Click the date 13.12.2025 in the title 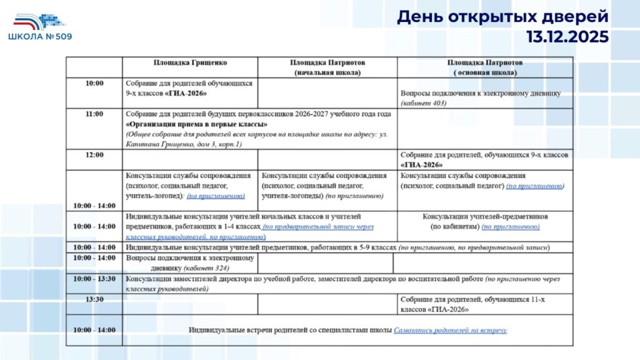[x=567, y=37]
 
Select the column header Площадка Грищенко [x=191, y=63]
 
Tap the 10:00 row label [x=94, y=82]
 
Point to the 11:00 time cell [x=94, y=114]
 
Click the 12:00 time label [x=94, y=154]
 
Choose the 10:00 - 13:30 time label [x=94, y=278]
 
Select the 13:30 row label [x=94, y=299]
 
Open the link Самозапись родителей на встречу [x=450, y=330]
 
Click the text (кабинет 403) [x=424, y=103]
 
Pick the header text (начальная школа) [x=327, y=72]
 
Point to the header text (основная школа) [x=485, y=72]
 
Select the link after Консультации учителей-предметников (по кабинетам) [x=510, y=226]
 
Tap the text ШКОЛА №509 [x=40, y=37]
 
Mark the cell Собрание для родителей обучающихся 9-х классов [x=189, y=88]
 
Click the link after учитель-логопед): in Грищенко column [x=216, y=196]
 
